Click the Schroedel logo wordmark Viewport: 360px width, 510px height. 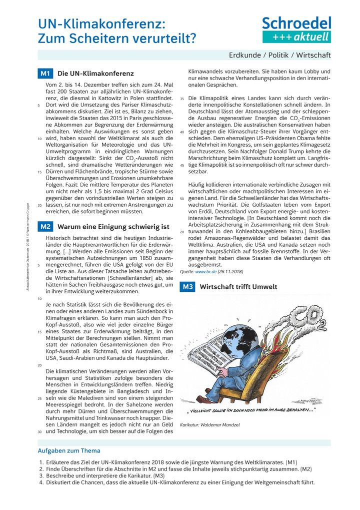coord(296,23)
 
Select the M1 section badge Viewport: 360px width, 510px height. coord(45,74)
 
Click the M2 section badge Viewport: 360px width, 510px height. coord(45,226)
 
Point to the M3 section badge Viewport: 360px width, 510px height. coord(187,287)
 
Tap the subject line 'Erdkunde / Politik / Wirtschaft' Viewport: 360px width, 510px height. coord(279,55)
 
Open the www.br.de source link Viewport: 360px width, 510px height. coord(205,271)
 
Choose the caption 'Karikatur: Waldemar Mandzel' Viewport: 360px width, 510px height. coord(209,425)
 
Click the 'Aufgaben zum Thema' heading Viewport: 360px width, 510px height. coord(69,450)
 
